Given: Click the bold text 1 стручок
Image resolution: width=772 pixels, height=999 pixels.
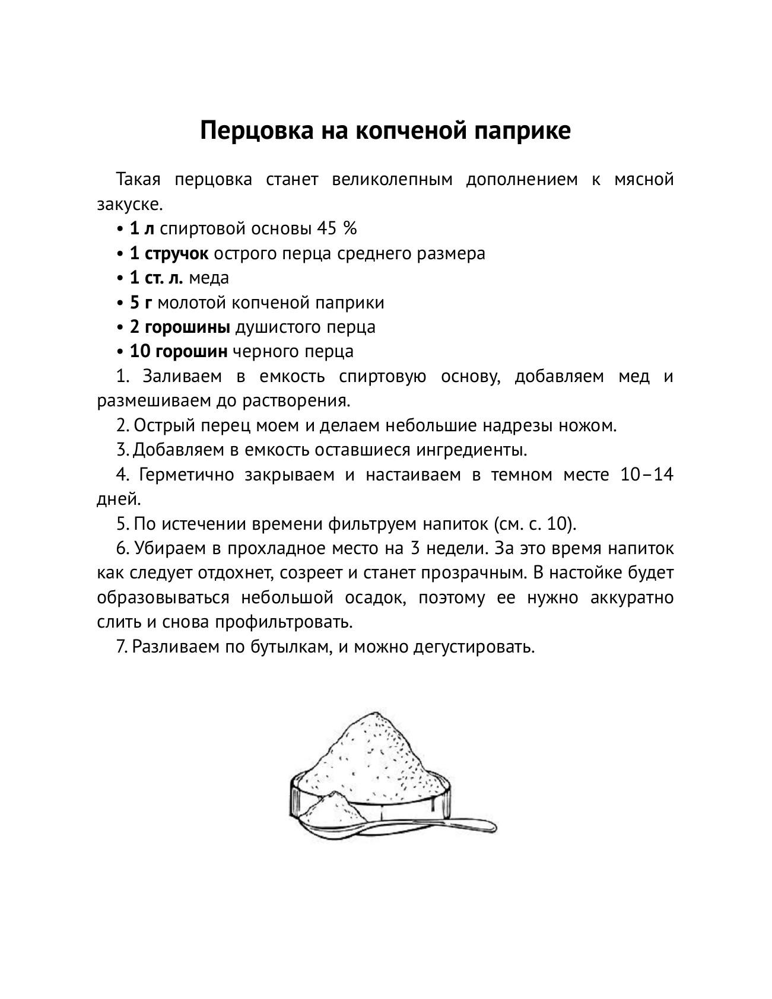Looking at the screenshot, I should pyautogui.click(x=169, y=253).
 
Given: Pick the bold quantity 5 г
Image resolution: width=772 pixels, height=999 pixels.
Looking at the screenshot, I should pyautogui.click(x=141, y=303).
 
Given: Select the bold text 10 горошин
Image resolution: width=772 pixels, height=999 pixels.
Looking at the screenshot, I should pyautogui.click(x=179, y=351).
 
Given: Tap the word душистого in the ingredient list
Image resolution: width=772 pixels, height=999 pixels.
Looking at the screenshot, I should pyautogui.click(x=279, y=327).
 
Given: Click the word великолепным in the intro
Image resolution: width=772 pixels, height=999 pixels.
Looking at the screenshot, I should pyautogui.click(x=392, y=179).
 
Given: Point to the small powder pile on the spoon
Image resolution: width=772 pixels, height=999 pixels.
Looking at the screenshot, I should pyautogui.click(x=329, y=804).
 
